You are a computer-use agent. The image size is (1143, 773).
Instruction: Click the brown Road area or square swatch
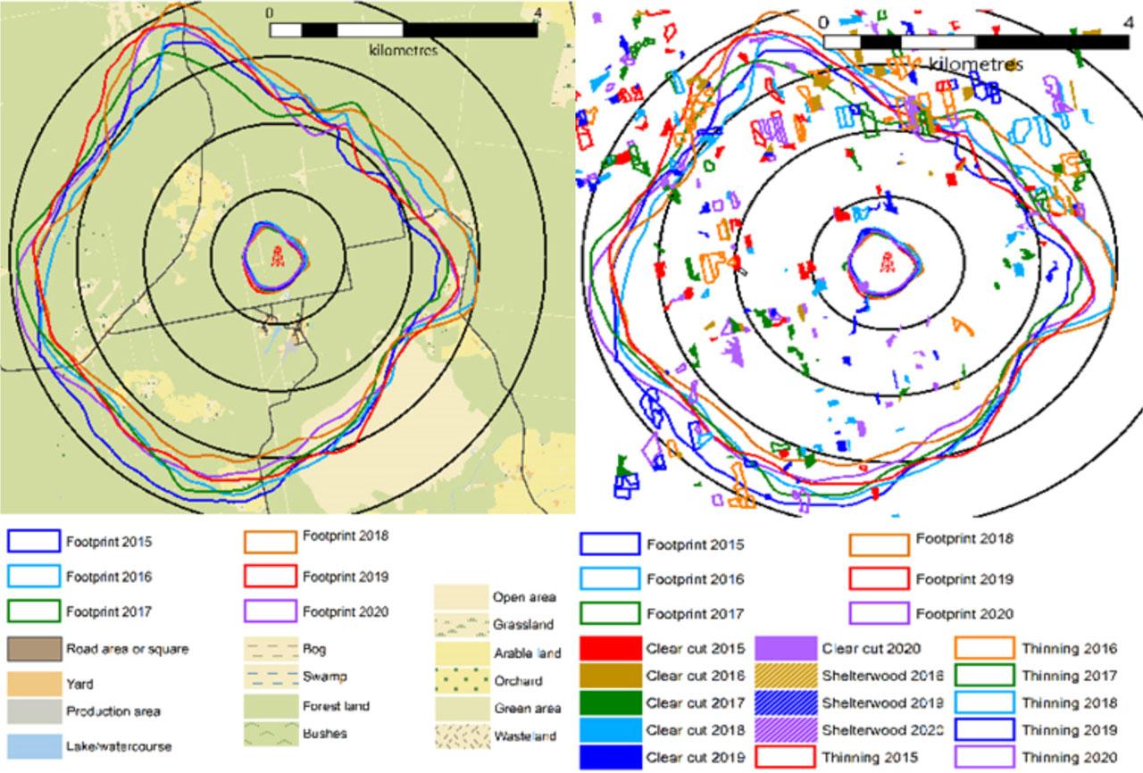(x=33, y=649)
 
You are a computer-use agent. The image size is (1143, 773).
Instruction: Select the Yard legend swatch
(x=33, y=684)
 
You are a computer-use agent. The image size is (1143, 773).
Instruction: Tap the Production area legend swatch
(x=33, y=712)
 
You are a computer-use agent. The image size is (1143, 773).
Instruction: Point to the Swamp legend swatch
(x=270, y=677)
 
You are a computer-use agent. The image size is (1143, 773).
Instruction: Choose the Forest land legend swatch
(x=270, y=705)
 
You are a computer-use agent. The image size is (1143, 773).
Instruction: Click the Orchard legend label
(x=515, y=680)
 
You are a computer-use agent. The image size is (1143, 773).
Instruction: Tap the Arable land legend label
(x=527, y=653)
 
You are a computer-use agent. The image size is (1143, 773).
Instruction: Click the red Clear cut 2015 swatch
(x=610, y=649)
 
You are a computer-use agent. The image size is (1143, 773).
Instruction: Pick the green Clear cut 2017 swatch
(x=610, y=702)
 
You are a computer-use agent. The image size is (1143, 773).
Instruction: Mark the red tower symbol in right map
(x=886, y=262)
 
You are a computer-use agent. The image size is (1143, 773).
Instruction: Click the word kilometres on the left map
(x=403, y=51)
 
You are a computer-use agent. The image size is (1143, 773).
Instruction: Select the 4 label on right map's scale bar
(x=1104, y=21)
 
